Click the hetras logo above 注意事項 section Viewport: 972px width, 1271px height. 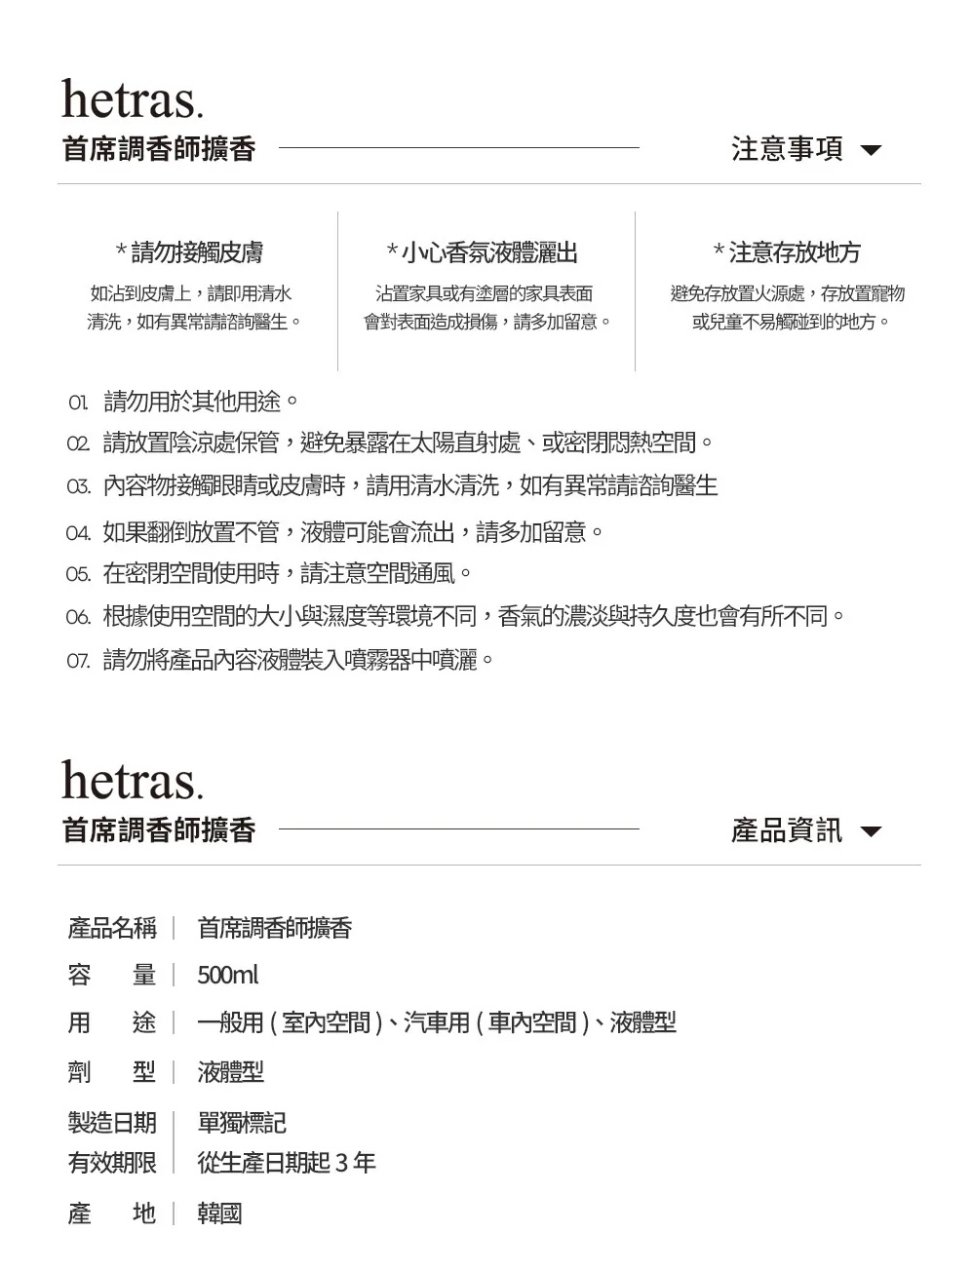tap(133, 99)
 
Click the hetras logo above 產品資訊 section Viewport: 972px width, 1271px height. tap(133, 781)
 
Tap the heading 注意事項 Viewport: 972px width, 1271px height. tap(787, 149)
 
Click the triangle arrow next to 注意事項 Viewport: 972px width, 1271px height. tap(871, 151)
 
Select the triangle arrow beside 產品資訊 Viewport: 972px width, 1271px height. tap(871, 832)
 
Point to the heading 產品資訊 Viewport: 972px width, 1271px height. tap(787, 830)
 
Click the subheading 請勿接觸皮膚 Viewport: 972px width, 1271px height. tap(190, 253)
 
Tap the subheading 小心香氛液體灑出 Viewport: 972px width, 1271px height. tap(483, 253)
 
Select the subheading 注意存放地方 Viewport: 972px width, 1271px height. tap(787, 253)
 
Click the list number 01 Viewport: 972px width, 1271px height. tap(78, 403)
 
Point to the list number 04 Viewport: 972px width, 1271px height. tap(78, 533)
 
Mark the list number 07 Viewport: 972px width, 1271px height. tap(78, 662)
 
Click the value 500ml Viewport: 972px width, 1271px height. tap(228, 975)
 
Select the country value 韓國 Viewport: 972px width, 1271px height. tap(219, 1213)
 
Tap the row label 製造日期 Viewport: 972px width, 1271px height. tap(112, 1123)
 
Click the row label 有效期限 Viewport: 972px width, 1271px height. tap(112, 1163)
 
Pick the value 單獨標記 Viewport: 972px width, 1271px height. tap(242, 1123)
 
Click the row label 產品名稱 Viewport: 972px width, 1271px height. tap(112, 928)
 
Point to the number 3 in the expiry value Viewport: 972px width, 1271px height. tap(341, 1163)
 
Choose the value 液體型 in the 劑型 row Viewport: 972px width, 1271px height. tap(231, 1072)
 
